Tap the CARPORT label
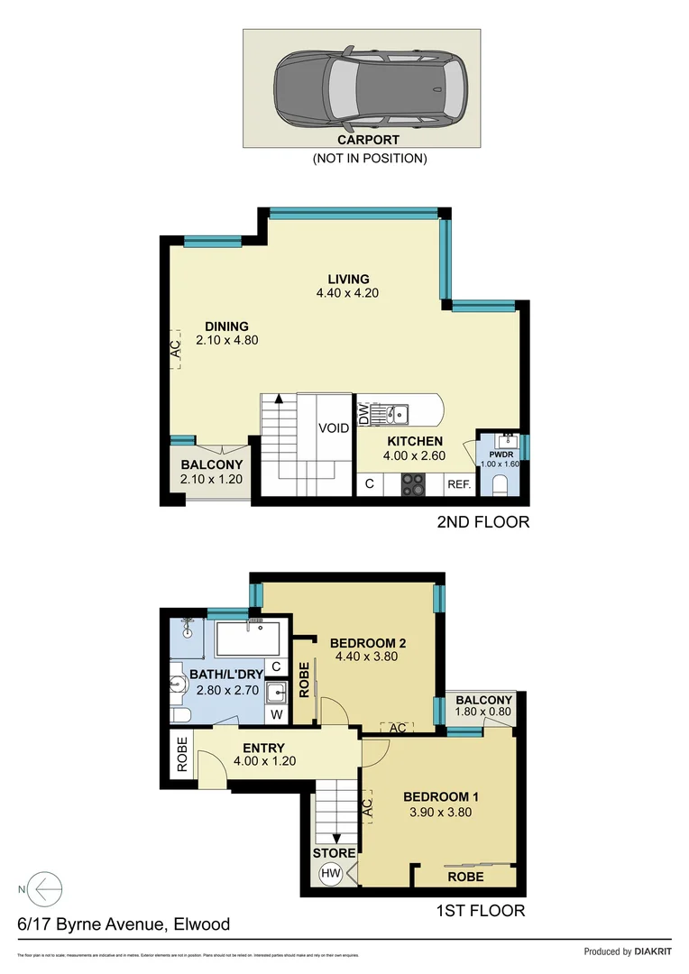(368, 141)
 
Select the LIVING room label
(348, 279)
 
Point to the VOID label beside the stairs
(333, 428)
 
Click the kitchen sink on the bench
(398, 414)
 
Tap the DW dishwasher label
(364, 415)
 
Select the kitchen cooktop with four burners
(414, 484)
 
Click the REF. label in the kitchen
(459, 485)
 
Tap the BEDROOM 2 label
(367, 642)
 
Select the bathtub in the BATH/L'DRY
(251, 639)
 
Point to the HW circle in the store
(330, 873)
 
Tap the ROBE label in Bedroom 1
(465, 877)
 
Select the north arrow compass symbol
(43, 889)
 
